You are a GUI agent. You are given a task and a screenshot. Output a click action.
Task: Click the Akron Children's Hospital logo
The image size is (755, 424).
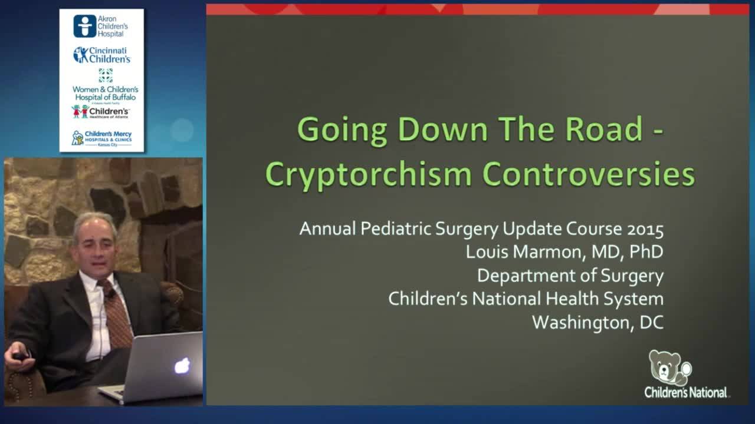pyautogui.click(x=101, y=26)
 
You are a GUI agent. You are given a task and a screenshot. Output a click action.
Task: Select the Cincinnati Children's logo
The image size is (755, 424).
pyautogui.click(x=101, y=55)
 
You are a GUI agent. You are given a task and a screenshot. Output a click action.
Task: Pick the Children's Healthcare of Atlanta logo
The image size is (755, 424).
pyautogui.click(x=101, y=112)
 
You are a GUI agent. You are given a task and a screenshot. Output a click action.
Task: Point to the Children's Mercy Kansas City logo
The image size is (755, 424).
pyautogui.click(x=101, y=138)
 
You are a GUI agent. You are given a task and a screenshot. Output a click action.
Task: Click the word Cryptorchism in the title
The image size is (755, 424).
pyautogui.click(x=369, y=174)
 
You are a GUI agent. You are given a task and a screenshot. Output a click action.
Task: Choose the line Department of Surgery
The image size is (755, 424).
pyautogui.click(x=570, y=276)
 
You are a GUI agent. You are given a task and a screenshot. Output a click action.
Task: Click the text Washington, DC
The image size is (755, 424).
pyautogui.click(x=598, y=322)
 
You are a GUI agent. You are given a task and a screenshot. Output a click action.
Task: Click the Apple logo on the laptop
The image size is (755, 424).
pyautogui.click(x=182, y=365)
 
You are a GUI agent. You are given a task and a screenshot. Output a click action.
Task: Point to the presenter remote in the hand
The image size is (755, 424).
pyautogui.click(x=21, y=356)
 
